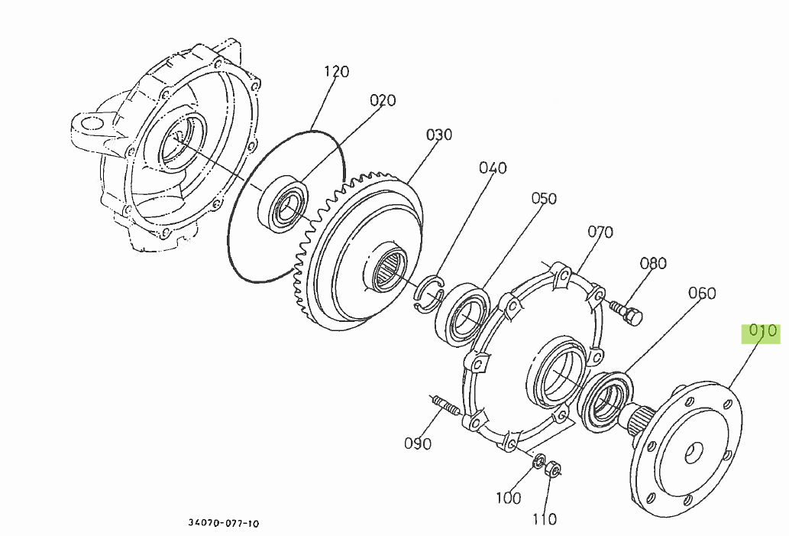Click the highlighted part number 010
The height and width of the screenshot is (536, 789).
point(762,332)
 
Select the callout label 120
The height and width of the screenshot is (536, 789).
point(336,72)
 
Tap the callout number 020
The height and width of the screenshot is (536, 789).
point(383,100)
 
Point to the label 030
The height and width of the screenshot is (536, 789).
point(439,135)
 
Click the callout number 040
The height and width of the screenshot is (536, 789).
point(493,167)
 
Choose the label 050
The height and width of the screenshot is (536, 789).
point(544,199)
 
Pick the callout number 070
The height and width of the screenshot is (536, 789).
point(600,232)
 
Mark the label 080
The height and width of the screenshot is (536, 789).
point(653,264)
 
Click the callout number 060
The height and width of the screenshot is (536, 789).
point(702,293)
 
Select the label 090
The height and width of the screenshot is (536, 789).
point(418,443)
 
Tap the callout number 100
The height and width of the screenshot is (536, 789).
point(508,498)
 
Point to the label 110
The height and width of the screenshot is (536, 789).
point(544,519)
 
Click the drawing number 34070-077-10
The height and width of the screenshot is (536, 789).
point(224,524)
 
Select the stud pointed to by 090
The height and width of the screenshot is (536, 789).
point(447,405)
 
